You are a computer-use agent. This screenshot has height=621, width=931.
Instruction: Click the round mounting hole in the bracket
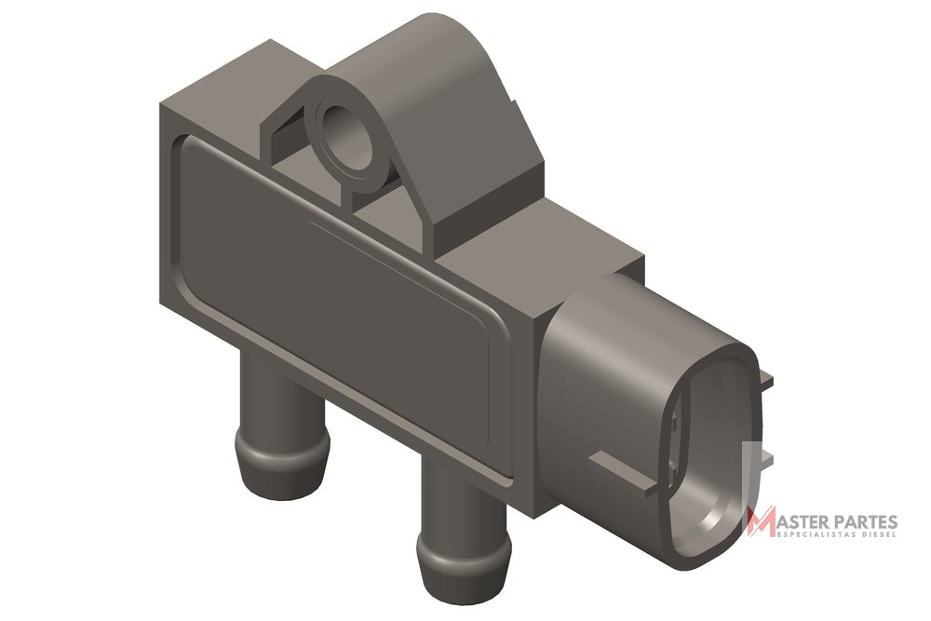[346, 139]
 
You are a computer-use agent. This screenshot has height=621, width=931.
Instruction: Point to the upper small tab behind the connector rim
[766, 381]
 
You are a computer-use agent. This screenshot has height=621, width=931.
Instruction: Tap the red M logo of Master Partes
[762, 521]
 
